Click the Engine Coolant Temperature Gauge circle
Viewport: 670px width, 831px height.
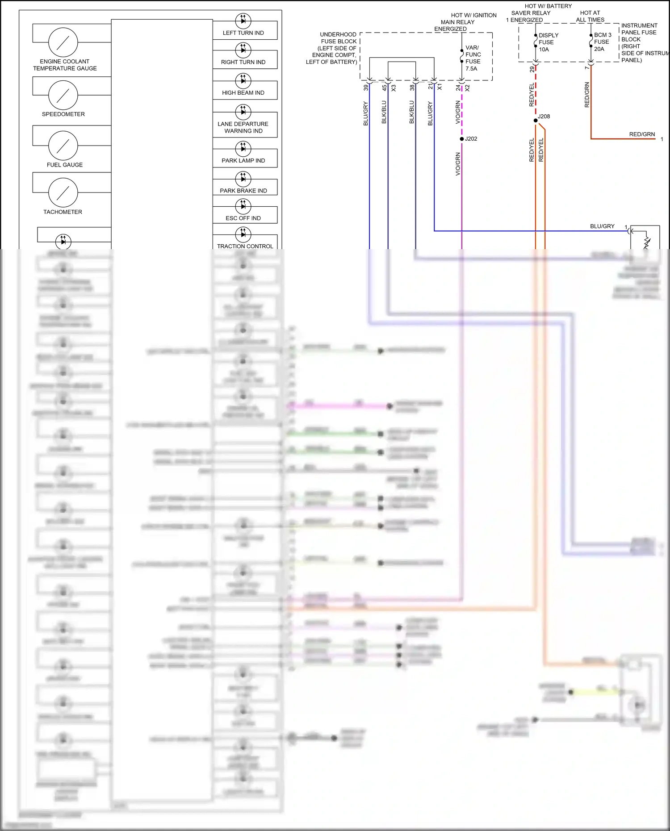click(63, 42)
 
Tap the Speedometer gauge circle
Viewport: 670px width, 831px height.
click(63, 95)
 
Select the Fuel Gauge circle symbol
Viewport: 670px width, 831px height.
click(63, 146)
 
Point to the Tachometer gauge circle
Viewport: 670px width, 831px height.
click(63, 192)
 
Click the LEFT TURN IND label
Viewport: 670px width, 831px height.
click(243, 33)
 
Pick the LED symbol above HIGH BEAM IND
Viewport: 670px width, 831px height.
click(243, 80)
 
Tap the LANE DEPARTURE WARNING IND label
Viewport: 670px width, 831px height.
click(243, 127)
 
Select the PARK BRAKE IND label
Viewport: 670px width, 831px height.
click(243, 191)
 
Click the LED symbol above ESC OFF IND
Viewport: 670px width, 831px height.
click(243, 206)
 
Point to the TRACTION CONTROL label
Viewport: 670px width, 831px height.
click(245, 246)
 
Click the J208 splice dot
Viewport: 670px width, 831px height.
click(536, 121)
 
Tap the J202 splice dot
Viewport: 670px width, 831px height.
click(462, 139)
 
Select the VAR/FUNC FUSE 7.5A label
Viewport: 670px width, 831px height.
click(473, 58)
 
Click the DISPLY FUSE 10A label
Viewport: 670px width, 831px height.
click(548, 42)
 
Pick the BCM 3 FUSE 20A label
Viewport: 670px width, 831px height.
click(602, 42)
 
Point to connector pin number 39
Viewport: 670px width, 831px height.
click(366, 88)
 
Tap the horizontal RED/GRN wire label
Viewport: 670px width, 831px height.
click(642, 134)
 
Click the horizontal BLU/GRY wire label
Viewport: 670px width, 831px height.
click(602, 226)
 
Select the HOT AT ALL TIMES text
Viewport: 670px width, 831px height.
click(590, 17)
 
